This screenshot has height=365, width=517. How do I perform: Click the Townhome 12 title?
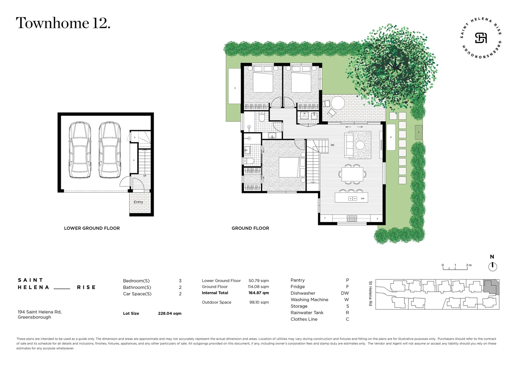coord(63,23)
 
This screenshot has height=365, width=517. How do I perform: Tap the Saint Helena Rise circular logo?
coord(481,38)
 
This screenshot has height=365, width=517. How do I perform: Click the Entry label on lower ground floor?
coord(138,202)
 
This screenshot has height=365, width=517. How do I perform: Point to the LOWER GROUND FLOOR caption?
coord(92,228)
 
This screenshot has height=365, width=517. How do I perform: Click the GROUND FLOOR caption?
coord(250,228)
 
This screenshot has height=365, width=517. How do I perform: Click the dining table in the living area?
coord(352,174)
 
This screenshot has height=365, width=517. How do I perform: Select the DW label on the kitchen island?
coord(362,199)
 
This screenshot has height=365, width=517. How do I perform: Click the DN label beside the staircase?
coord(332,145)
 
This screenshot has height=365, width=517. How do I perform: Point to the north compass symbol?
coord(493,266)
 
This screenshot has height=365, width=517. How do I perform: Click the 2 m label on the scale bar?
coord(469,265)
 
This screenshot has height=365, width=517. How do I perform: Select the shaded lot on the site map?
coord(491,287)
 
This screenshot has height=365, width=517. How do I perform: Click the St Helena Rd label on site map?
coord(370,294)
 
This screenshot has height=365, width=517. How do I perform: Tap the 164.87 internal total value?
coord(258,293)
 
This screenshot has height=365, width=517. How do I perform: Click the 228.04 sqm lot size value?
coord(170,314)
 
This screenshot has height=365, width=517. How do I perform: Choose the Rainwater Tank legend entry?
coord(307,313)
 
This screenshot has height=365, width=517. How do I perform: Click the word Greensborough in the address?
coord(35,317)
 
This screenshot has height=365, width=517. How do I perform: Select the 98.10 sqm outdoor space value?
coord(259,302)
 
